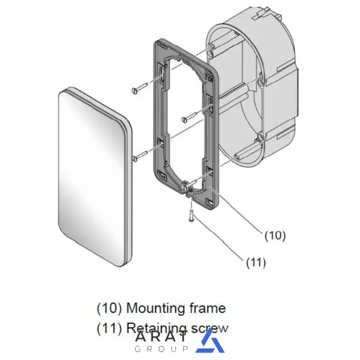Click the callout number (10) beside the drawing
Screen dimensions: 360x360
tap(275, 236)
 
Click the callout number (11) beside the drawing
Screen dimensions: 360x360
tap(256, 262)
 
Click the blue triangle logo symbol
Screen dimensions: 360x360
tap(210, 341)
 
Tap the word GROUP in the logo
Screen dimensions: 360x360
tap(161, 349)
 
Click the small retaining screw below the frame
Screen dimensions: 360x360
tap(191, 216)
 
